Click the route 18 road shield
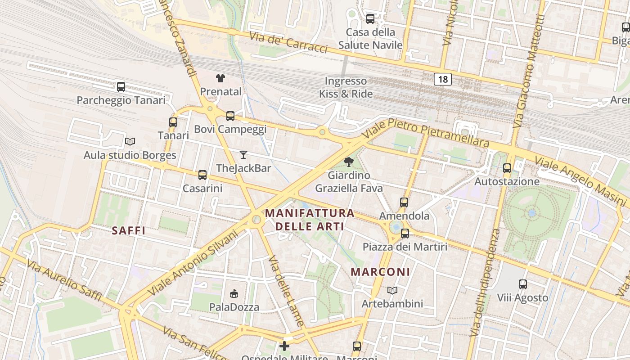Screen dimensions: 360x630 [x=443, y=80]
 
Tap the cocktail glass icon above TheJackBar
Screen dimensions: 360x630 [x=243, y=155]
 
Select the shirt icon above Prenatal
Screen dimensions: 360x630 [x=220, y=78]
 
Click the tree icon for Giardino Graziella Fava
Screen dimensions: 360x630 [x=348, y=162]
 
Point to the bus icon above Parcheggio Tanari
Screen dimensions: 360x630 [x=121, y=86]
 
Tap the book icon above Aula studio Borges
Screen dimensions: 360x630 [x=130, y=142]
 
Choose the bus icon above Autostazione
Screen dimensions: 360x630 [x=507, y=168]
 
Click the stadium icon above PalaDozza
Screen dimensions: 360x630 [x=234, y=294]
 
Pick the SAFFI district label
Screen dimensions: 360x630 [x=129, y=231]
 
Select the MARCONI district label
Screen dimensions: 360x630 [x=380, y=272]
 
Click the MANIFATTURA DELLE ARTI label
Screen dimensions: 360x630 [x=310, y=220]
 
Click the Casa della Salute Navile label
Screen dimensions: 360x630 [x=370, y=39]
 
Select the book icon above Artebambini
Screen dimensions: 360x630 [x=392, y=291]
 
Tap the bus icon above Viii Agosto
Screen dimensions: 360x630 [x=522, y=284]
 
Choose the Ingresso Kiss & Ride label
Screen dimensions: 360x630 [x=346, y=87]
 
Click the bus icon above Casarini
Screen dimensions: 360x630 [x=202, y=175]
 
